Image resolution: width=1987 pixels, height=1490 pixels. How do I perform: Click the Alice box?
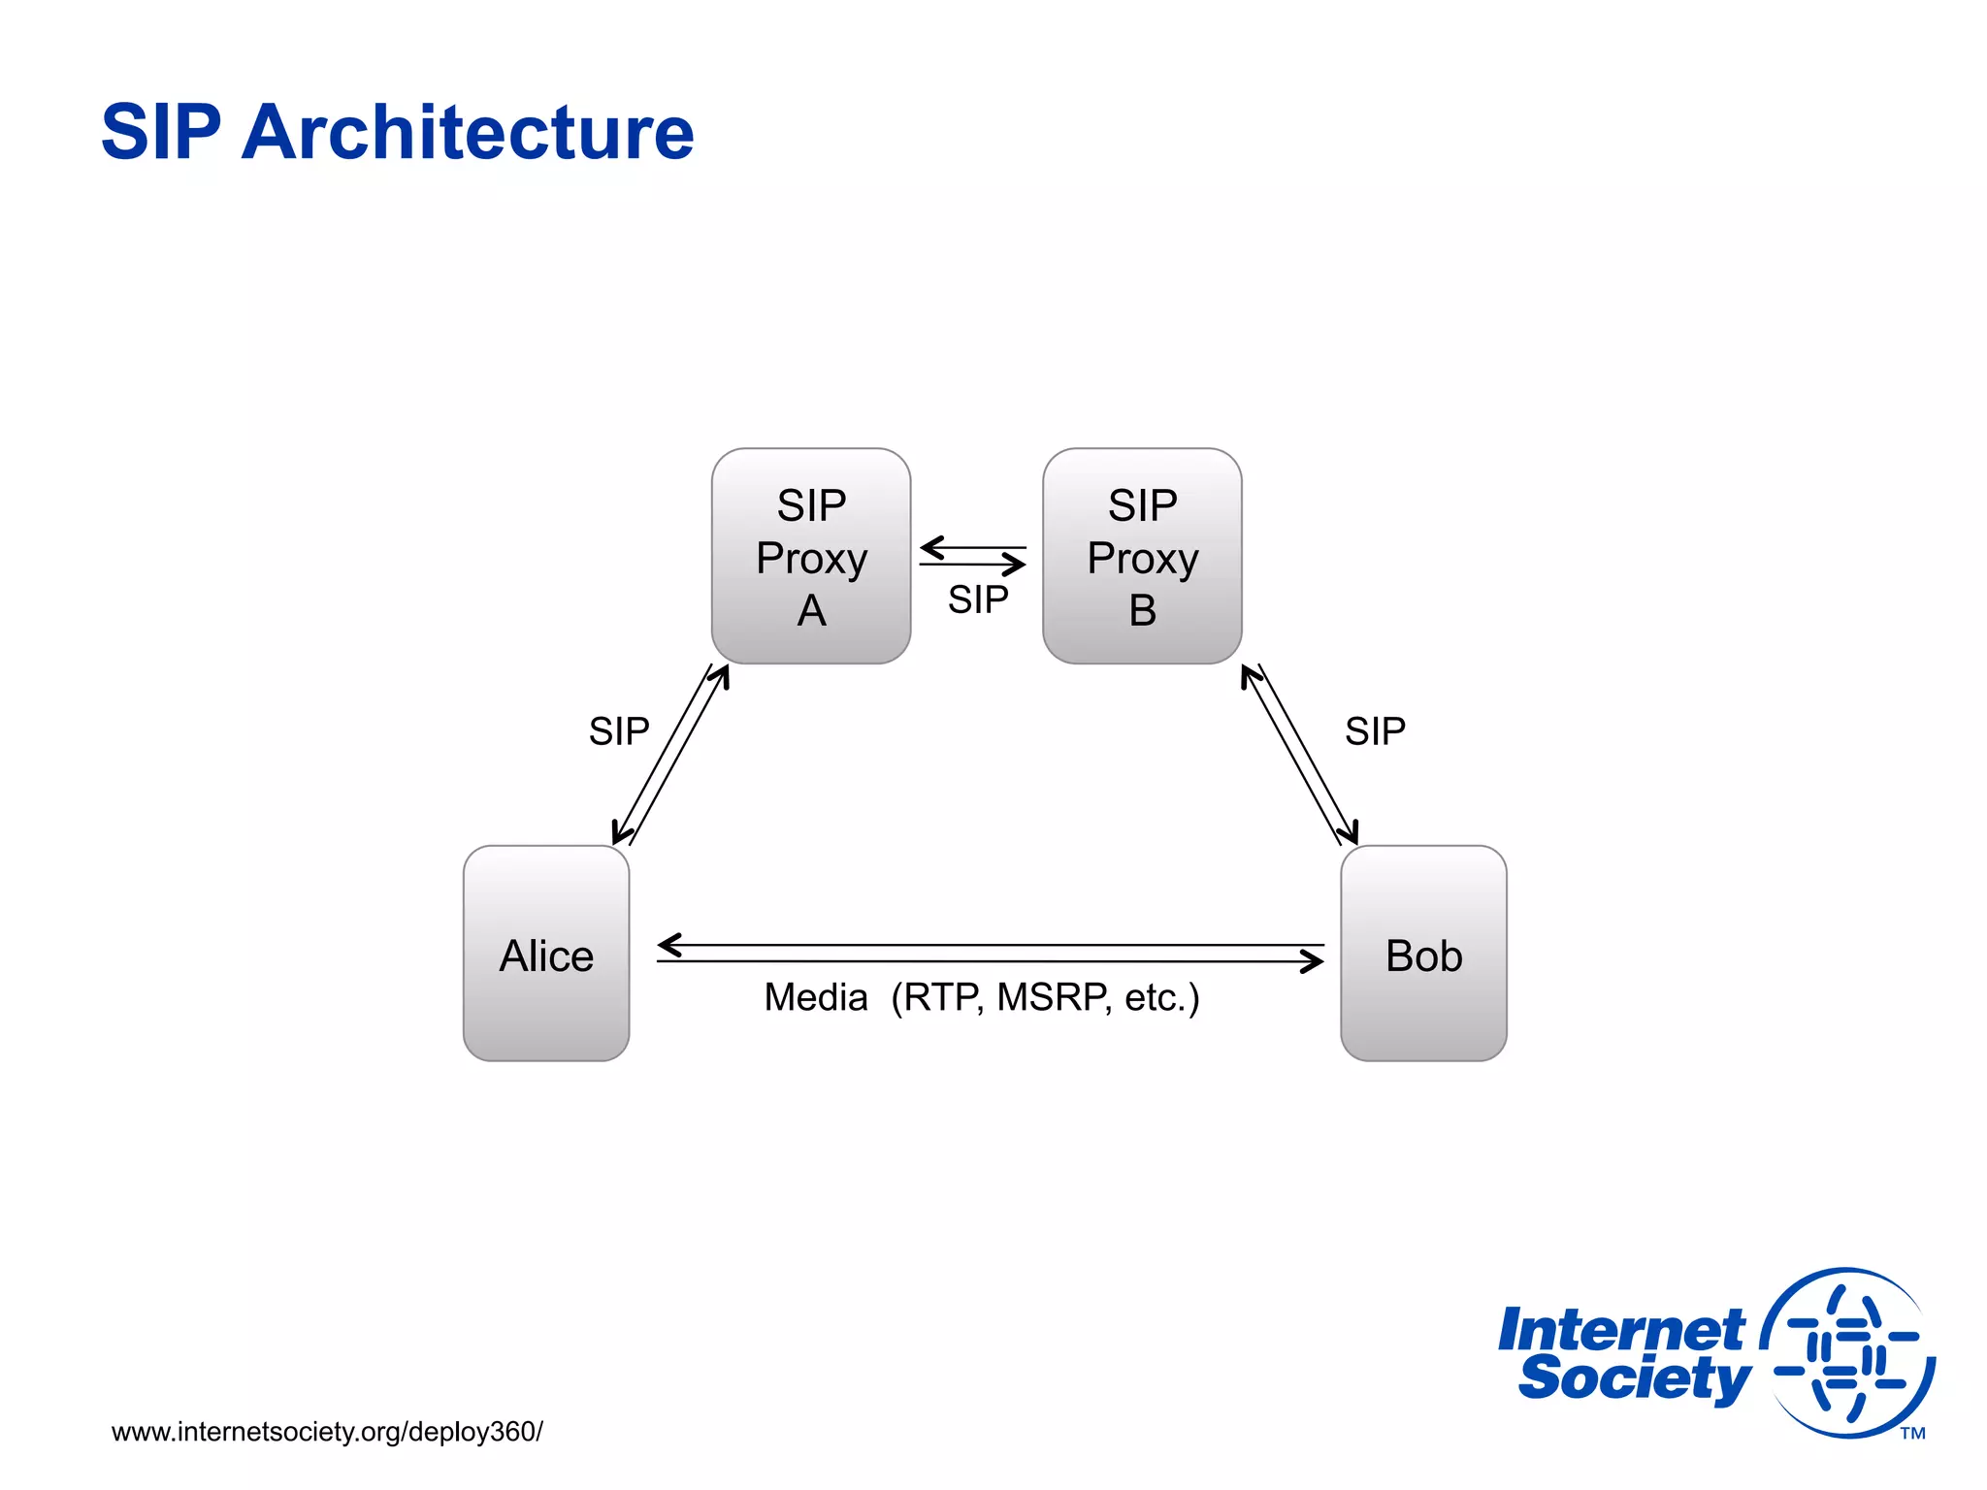coord(546,953)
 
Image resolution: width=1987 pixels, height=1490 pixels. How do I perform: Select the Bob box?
coord(1423,953)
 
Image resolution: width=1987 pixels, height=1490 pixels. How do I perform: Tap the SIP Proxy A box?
coord(811,556)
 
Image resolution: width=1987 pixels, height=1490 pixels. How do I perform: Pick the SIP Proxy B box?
coord(1142,556)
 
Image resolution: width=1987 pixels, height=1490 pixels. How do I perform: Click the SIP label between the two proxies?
coord(978,599)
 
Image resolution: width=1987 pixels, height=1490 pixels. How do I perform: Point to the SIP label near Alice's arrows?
coord(619,731)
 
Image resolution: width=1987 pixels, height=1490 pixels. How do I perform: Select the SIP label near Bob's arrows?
coord(1375,731)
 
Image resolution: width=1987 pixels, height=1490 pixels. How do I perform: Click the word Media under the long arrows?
coord(815,997)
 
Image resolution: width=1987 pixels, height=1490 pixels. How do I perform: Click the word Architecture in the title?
coord(468,132)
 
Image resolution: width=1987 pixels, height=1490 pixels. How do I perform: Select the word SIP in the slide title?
coord(161,132)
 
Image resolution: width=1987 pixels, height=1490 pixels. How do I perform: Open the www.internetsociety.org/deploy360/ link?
coord(327,1432)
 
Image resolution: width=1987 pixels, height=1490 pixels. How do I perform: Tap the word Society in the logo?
coord(1634,1378)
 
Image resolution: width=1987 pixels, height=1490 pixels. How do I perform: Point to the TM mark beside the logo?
coord(1912,1433)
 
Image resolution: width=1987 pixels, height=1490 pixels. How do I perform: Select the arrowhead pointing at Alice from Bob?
coord(668,944)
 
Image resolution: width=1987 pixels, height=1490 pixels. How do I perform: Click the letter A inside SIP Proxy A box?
coord(811,611)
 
